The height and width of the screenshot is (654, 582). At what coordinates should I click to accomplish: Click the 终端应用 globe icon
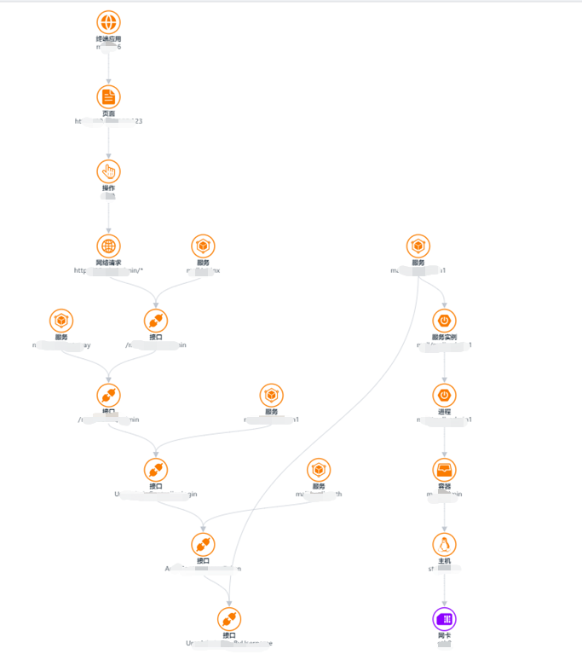pyautogui.click(x=108, y=22)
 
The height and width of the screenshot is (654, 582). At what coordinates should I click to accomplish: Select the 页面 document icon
pyautogui.click(x=108, y=96)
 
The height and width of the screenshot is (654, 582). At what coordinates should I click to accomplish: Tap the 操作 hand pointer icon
pyautogui.click(x=108, y=171)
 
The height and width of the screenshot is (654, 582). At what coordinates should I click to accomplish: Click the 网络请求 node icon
pyautogui.click(x=108, y=246)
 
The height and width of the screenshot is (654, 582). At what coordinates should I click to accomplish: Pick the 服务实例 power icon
pyautogui.click(x=444, y=321)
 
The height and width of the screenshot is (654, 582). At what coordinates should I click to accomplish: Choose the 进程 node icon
pyautogui.click(x=444, y=395)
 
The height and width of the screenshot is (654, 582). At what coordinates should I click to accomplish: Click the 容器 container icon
pyautogui.click(x=444, y=470)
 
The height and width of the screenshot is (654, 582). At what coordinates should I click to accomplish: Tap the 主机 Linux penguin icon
pyautogui.click(x=444, y=544)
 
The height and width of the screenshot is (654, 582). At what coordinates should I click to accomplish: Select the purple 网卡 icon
pyautogui.click(x=444, y=619)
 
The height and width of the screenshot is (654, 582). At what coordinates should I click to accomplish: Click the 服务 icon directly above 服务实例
pyautogui.click(x=418, y=246)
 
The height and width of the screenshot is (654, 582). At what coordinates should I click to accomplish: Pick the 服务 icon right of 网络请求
pyautogui.click(x=203, y=246)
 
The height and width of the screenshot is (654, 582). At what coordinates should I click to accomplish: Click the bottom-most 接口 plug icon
pyautogui.click(x=228, y=619)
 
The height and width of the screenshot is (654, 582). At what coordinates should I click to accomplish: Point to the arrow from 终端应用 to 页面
pyautogui.click(x=108, y=67)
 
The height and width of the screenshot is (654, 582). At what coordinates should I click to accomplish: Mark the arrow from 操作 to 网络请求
pyautogui.click(x=108, y=216)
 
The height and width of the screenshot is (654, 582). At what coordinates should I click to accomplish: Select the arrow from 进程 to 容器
pyautogui.click(x=444, y=440)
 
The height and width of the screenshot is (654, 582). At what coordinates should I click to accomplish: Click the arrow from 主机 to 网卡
pyautogui.click(x=444, y=589)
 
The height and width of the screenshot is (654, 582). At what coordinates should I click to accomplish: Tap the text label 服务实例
pyautogui.click(x=444, y=338)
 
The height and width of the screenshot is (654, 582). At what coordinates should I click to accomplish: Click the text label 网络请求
pyautogui.click(x=108, y=263)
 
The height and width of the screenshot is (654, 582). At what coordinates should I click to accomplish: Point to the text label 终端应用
pyautogui.click(x=108, y=39)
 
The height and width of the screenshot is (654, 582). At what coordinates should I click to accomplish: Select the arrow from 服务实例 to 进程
pyautogui.click(x=444, y=365)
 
